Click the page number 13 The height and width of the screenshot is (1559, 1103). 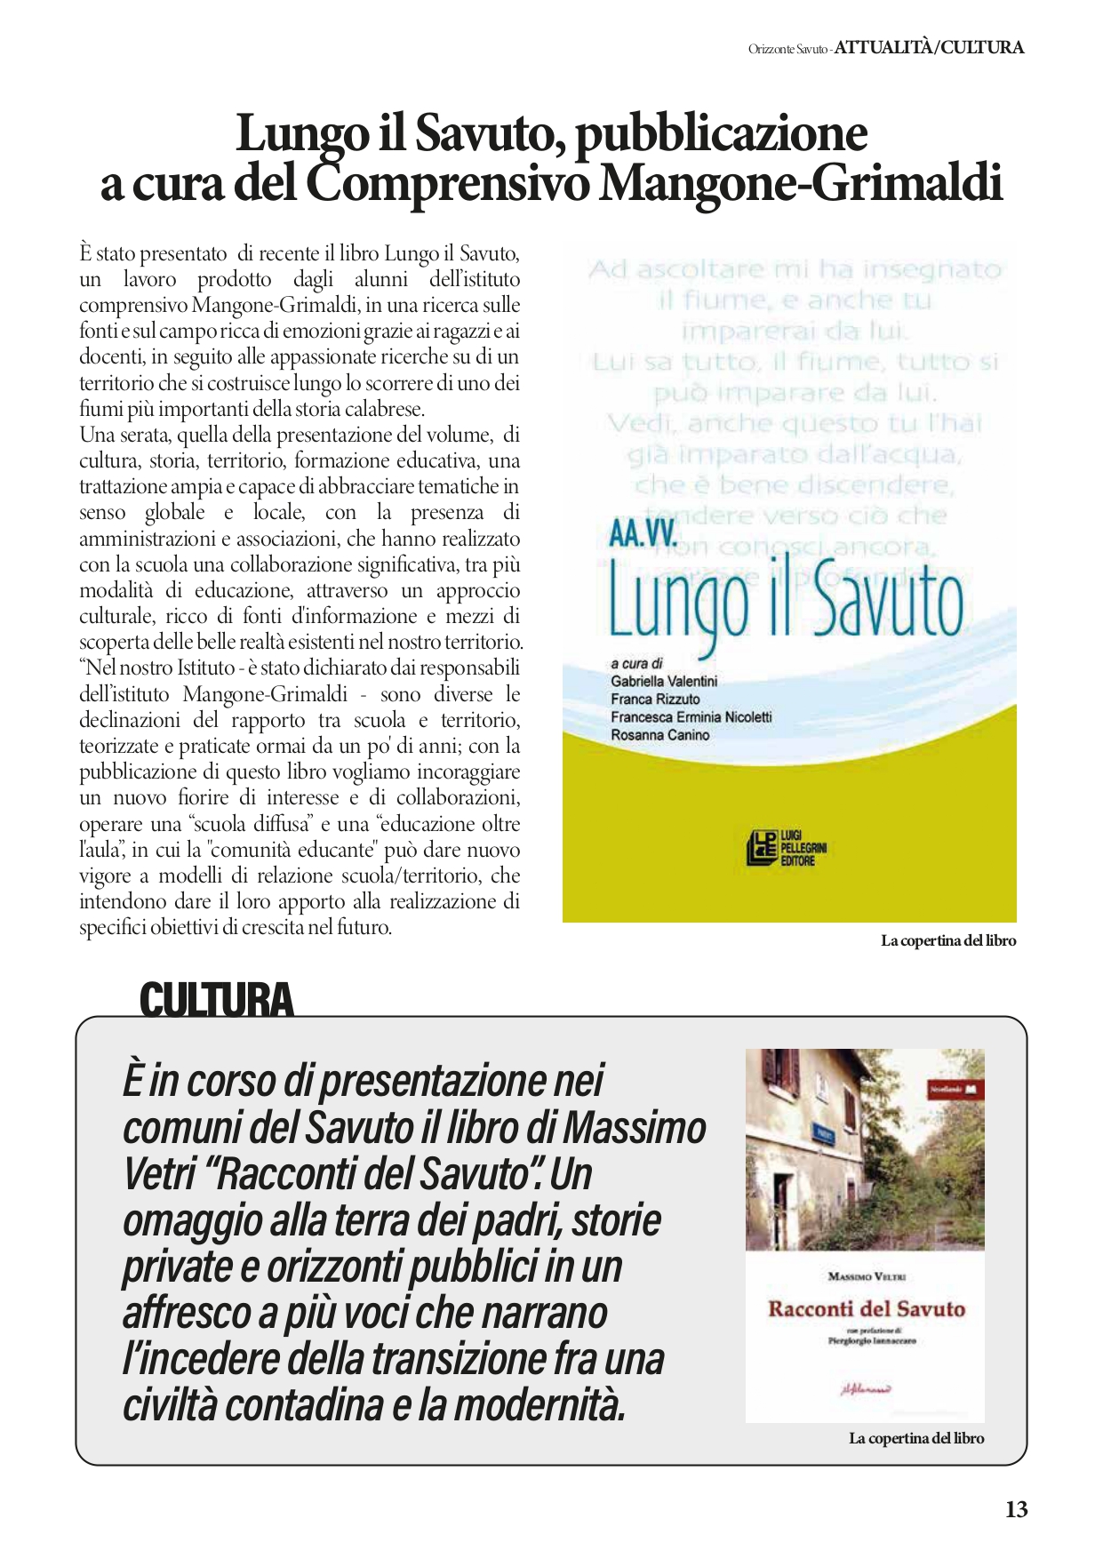(x=1016, y=1509)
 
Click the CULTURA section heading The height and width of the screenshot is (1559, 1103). (x=216, y=1000)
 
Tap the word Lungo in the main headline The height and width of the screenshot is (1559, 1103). (x=301, y=134)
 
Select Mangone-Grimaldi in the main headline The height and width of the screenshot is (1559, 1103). (x=801, y=184)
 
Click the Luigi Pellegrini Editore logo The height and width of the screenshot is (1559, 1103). (x=786, y=847)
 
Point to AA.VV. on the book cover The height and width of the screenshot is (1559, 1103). (x=644, y=533)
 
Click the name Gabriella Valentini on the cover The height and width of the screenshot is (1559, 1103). (x=664, y=681)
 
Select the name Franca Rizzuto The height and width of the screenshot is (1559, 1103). (x=655, y=699)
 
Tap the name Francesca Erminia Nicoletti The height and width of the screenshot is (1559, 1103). (x=691, y=716)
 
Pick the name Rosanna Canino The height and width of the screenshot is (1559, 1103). (x=659, y=735)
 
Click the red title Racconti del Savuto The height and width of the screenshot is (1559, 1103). (x=866, y=1308)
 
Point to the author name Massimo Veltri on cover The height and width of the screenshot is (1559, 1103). (x=866, y=1276)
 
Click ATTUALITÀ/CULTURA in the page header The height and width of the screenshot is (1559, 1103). (x=929, y=48)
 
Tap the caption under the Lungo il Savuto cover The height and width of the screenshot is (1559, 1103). (x=948, y=940)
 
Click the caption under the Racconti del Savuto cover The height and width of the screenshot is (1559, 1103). (x=916, y=1438)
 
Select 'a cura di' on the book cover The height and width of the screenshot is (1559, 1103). (x=636, y=663)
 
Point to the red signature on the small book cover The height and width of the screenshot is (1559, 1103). (x=865, y=1389)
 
